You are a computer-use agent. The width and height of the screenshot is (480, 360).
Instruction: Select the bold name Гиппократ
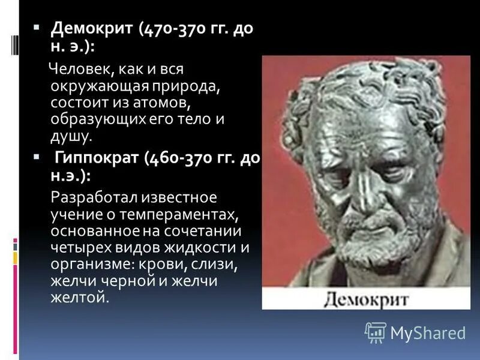pos(95,159)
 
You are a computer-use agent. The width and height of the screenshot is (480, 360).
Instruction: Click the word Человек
pos(77,68)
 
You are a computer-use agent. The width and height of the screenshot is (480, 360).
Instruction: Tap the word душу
pos(71,136)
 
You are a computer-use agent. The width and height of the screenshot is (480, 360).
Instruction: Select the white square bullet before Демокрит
pos(36,27)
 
